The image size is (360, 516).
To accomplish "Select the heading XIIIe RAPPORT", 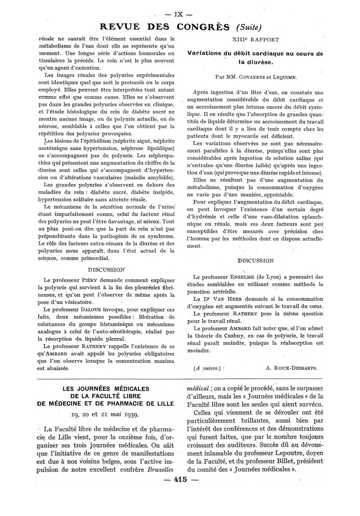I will pyautogui.click(x=255, y=40).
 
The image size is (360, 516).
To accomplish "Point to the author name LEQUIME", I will pyautogui.click(x=283, y=77).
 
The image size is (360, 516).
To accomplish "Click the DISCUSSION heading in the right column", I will pyautogui.click(x=255, y=260).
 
